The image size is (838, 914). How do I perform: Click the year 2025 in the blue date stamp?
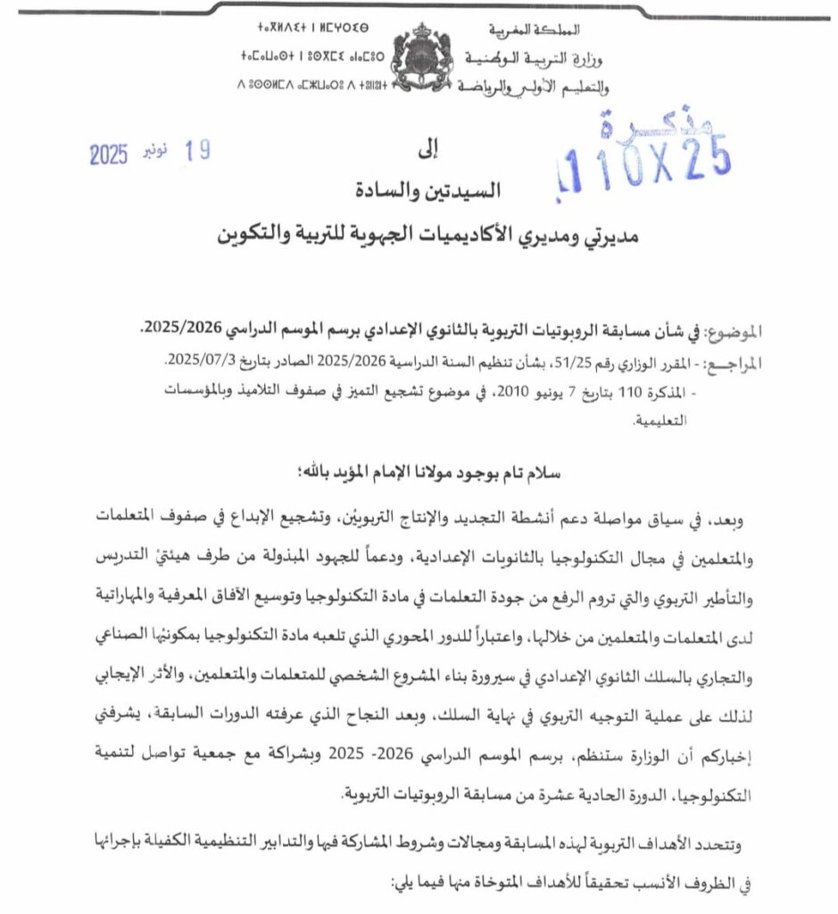[x=109, y=154]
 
